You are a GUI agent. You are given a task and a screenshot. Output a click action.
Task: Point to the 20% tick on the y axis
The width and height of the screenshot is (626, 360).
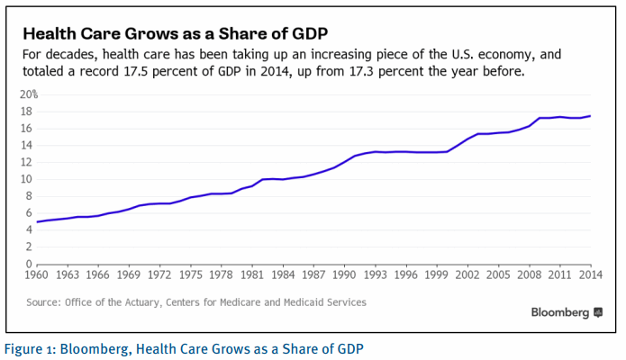coord(29,94)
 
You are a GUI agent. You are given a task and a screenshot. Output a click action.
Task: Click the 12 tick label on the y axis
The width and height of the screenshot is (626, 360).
coord(28,162)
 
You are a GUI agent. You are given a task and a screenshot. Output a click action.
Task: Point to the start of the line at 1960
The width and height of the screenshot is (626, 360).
coord(38,221)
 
